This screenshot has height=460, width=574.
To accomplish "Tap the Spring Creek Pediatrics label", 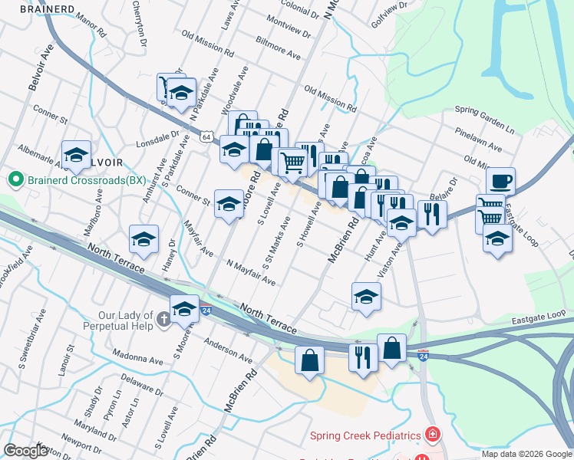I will pyautogui.click(x=364, y=435).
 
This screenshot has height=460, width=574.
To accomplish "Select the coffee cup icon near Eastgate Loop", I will pyautogui.click(x=500, y=182).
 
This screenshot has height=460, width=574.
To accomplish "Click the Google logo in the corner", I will pyautogui.click(x=25, y=451).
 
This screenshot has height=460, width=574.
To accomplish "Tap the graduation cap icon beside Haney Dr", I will pyautogui.click(x=143, y=239).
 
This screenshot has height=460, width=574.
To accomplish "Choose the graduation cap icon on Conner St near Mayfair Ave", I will pyautogui.click(x=228, y=204).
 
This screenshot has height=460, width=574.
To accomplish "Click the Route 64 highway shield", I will pyautogui.click(x=207, y=136).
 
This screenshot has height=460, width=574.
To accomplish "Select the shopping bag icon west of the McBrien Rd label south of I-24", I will pyautogui.click(x=309, y=360).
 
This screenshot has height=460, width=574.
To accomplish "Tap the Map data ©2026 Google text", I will pyautogui.click(x=526, y=454).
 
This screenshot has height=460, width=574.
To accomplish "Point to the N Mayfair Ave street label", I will pyautogui.click(x=250, y=273).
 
